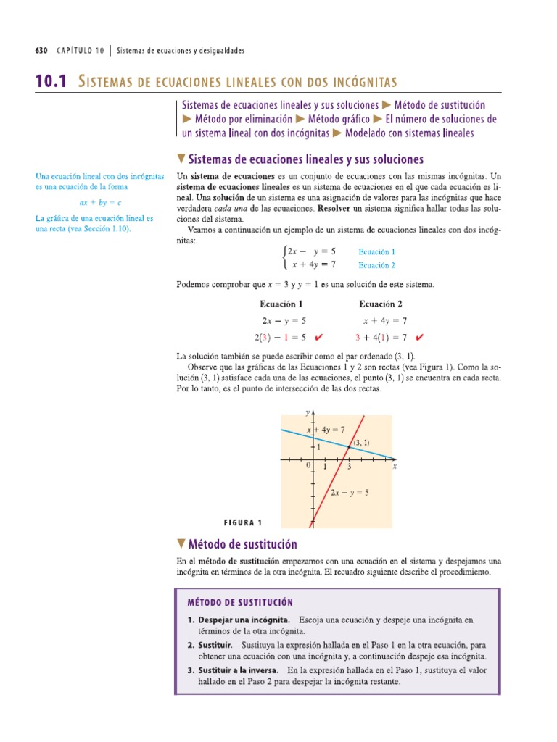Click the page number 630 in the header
coord(41,51)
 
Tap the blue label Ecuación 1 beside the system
coord(376,251)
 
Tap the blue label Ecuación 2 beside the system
coord(376,265)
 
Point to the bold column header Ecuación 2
coord(381,304)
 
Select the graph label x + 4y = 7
coord(326,430)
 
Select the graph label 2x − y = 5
coord(350,493)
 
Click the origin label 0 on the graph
coord(308,466)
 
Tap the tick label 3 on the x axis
coord(349,467)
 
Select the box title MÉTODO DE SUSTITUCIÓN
coord(240,602)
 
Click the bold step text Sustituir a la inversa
coord(239,670)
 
